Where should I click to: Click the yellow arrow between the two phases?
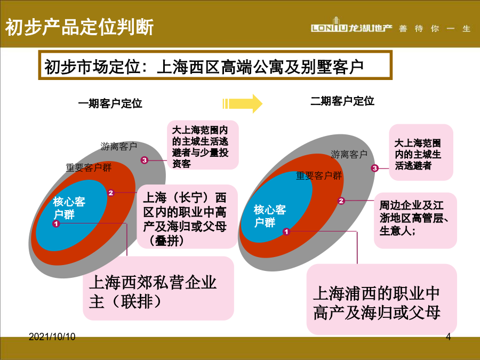242,103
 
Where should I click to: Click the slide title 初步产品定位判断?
79,27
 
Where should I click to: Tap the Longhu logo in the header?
351,26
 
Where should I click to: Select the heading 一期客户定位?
110,103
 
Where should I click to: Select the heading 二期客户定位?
342,101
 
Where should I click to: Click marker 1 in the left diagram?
55,224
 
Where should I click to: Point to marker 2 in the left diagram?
110,193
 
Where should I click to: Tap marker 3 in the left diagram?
145,160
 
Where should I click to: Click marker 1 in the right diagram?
286,232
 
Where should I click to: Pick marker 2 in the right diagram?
341,201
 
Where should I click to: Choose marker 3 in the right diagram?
375,168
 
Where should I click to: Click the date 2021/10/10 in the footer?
52,337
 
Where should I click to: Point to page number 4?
449,337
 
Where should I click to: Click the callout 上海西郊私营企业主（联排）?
158,289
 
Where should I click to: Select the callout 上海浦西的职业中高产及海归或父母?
382,299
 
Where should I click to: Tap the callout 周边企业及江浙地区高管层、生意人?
415,220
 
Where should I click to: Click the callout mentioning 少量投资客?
203,145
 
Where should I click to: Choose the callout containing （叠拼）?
187,217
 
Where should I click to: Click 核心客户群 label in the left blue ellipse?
69,208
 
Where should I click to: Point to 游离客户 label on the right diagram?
349,154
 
